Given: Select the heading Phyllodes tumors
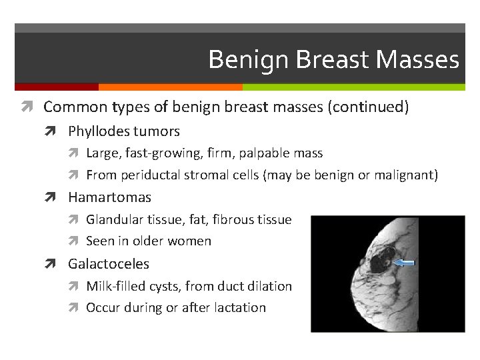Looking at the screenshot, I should pos(123,131).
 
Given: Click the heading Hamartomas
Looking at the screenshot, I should pos(109,197).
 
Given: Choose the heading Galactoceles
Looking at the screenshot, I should pos(109,264).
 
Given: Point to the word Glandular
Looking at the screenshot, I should pos(115,219).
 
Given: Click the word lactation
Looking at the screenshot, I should pos(240,308).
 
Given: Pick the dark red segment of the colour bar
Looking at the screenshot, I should pos(56,87).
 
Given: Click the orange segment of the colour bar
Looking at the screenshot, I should pos(170,87).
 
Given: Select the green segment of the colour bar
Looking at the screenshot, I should pos(353,87).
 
